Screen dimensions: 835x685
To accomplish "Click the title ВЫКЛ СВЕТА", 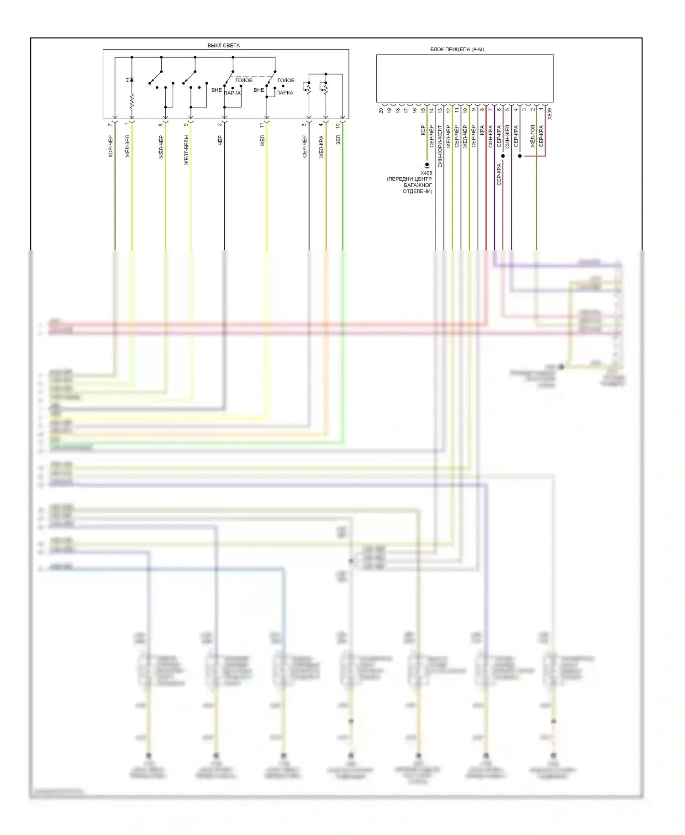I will [x=223, y=46].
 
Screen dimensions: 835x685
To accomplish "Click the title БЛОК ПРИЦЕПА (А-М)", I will [x=457, y=49].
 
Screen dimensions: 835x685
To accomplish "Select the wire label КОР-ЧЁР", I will [x=111, y=147].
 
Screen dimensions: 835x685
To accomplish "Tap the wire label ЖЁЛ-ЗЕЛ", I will [x=127, y=146].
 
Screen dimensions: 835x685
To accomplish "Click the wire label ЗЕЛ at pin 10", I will [x=338, y=140].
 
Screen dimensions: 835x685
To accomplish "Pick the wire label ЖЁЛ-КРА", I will [x=321, y=147].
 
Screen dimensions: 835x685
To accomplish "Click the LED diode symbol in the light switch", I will [x=132, y=80].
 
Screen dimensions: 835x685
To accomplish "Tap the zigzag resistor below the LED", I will [x=132, y=101].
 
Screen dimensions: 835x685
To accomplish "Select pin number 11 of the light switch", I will [x=262, y=125].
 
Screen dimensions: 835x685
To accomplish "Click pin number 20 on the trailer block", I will [x=381, y=110].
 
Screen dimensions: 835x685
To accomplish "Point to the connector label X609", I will [x=549, y=113].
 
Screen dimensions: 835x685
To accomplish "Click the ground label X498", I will [x=426, y=173].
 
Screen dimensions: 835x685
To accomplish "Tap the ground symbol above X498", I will [x=427, y=165].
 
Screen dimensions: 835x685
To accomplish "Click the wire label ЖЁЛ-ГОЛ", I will [x=532, y=136].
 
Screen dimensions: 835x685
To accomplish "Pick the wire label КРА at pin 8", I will [x=482, y=130].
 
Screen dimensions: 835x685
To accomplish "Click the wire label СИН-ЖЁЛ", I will [x=507, y=137].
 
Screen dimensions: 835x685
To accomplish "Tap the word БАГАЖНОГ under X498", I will [x=418, y=185].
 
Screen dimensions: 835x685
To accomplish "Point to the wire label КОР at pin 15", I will [x=423, y=130].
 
